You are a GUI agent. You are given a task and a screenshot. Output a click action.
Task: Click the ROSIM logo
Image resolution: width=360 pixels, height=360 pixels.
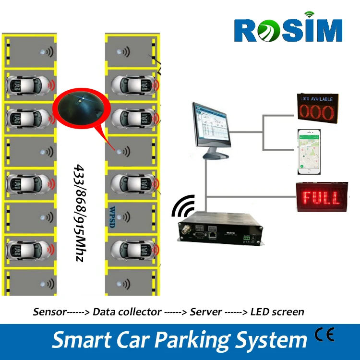[x=288, y=30]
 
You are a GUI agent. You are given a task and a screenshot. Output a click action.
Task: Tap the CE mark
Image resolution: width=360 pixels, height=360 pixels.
[x=324, y=335]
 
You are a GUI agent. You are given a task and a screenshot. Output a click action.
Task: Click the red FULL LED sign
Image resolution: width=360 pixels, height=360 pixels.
[x=320, y=197]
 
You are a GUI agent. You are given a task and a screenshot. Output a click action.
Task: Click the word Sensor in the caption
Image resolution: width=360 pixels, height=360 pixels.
[x=49, y=312]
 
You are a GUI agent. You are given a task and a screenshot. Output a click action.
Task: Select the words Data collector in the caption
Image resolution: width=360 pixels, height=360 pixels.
[x=127, y=312]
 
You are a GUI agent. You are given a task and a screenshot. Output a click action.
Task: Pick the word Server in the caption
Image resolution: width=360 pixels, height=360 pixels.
[x=206, y=312]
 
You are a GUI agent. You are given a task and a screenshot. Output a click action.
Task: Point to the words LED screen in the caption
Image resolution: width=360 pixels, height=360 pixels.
[x=277, y=312]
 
